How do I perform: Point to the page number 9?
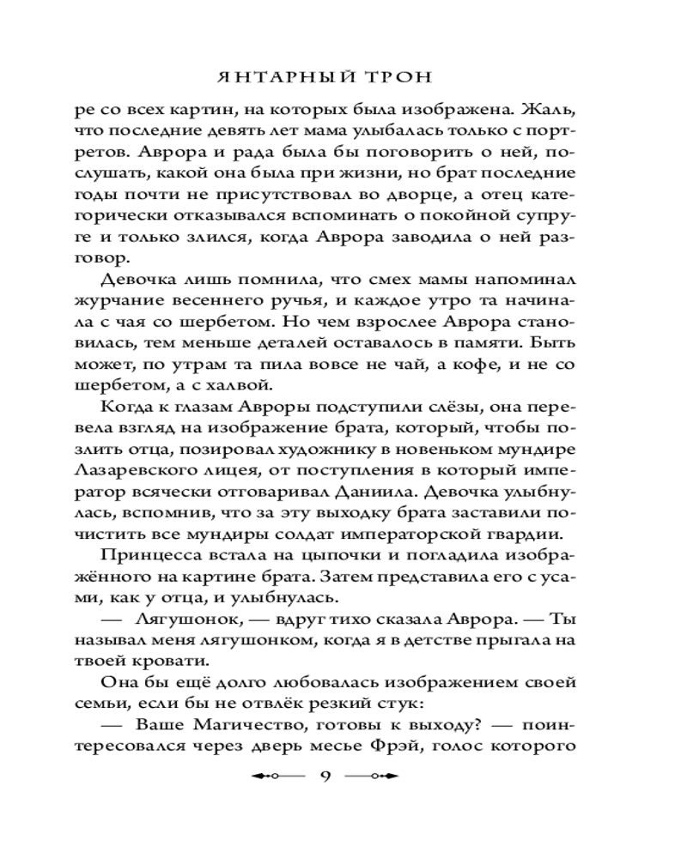coord(325,776)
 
